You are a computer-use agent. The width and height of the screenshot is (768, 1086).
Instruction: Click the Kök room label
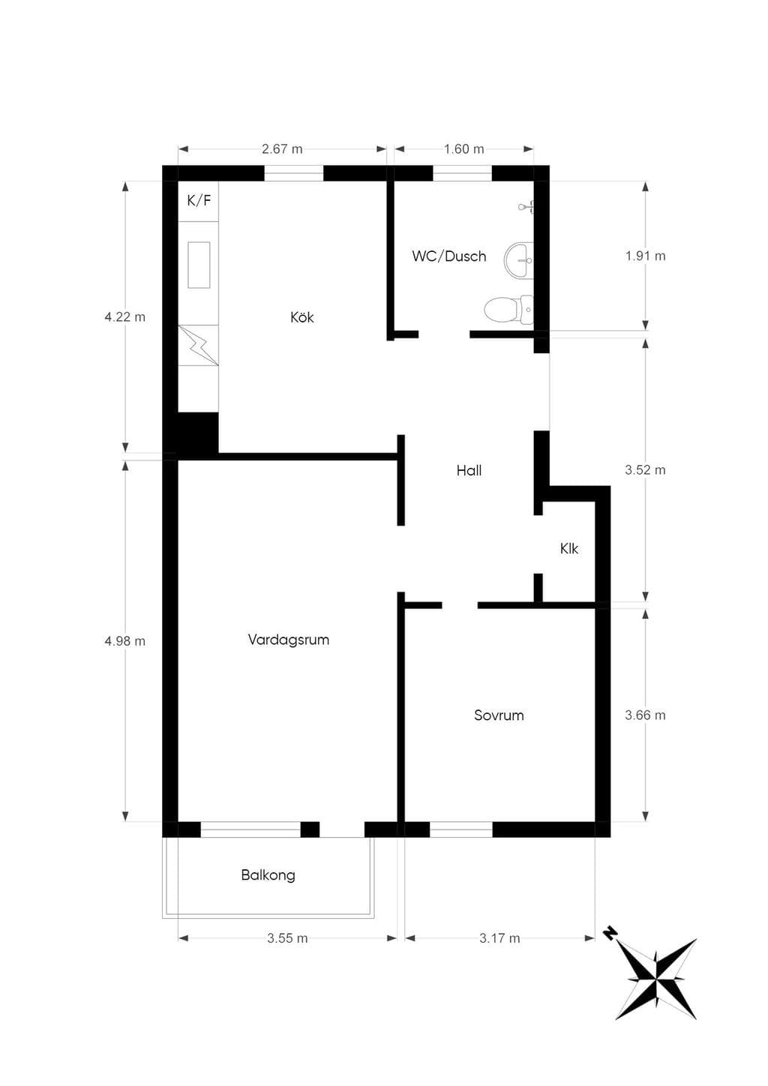click(302, 317)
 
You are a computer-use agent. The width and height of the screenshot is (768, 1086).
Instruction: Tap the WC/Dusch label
click(449, 256)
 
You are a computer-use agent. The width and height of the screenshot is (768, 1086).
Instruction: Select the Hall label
click(469, 470)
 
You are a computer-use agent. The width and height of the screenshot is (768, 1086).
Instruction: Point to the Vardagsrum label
click(289, 640)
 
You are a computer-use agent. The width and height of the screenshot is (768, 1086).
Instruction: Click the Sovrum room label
click(499, 715)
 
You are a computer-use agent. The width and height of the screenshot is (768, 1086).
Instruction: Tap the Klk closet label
click(569, 548)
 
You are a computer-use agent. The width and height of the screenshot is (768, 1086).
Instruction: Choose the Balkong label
click(268, 875)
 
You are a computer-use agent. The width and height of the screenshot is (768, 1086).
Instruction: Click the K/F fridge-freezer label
click(199, 200)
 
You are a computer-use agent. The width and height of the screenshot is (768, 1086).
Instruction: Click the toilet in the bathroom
click(508, 309)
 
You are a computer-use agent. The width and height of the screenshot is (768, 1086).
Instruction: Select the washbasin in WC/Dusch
click(519, 261)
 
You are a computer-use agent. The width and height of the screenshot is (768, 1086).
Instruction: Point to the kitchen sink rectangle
click(199, 265)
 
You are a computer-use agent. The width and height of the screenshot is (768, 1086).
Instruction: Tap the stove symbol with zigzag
click(198, 345)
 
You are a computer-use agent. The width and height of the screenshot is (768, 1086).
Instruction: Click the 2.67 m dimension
click(282, 148)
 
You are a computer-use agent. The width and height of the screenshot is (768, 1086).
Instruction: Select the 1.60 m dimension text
click(464, 148)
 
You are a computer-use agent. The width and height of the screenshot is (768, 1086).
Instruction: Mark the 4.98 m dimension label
click(125, 641)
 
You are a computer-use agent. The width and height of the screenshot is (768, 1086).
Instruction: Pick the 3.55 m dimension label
click(287, 938)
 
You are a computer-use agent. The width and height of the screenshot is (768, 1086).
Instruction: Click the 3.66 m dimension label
click(645, 715)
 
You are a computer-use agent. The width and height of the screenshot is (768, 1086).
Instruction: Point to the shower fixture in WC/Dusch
click(526, 207)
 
